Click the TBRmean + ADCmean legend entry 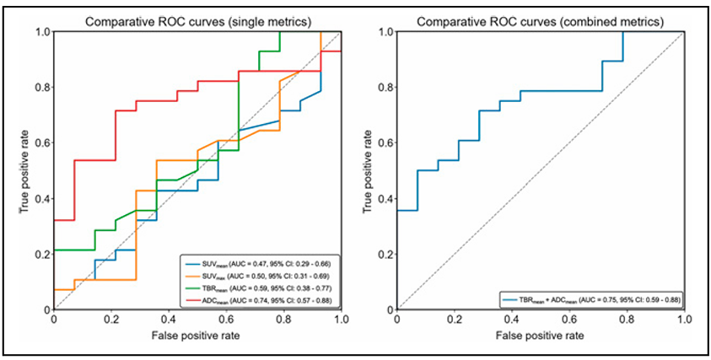[595, 298]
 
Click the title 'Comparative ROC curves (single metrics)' [197, 19]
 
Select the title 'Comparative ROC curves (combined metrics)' [539, 19]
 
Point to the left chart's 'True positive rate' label [25, 170]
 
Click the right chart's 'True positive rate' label [369, 170]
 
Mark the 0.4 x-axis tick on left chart [169, 320]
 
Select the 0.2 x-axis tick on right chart [454, 320]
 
